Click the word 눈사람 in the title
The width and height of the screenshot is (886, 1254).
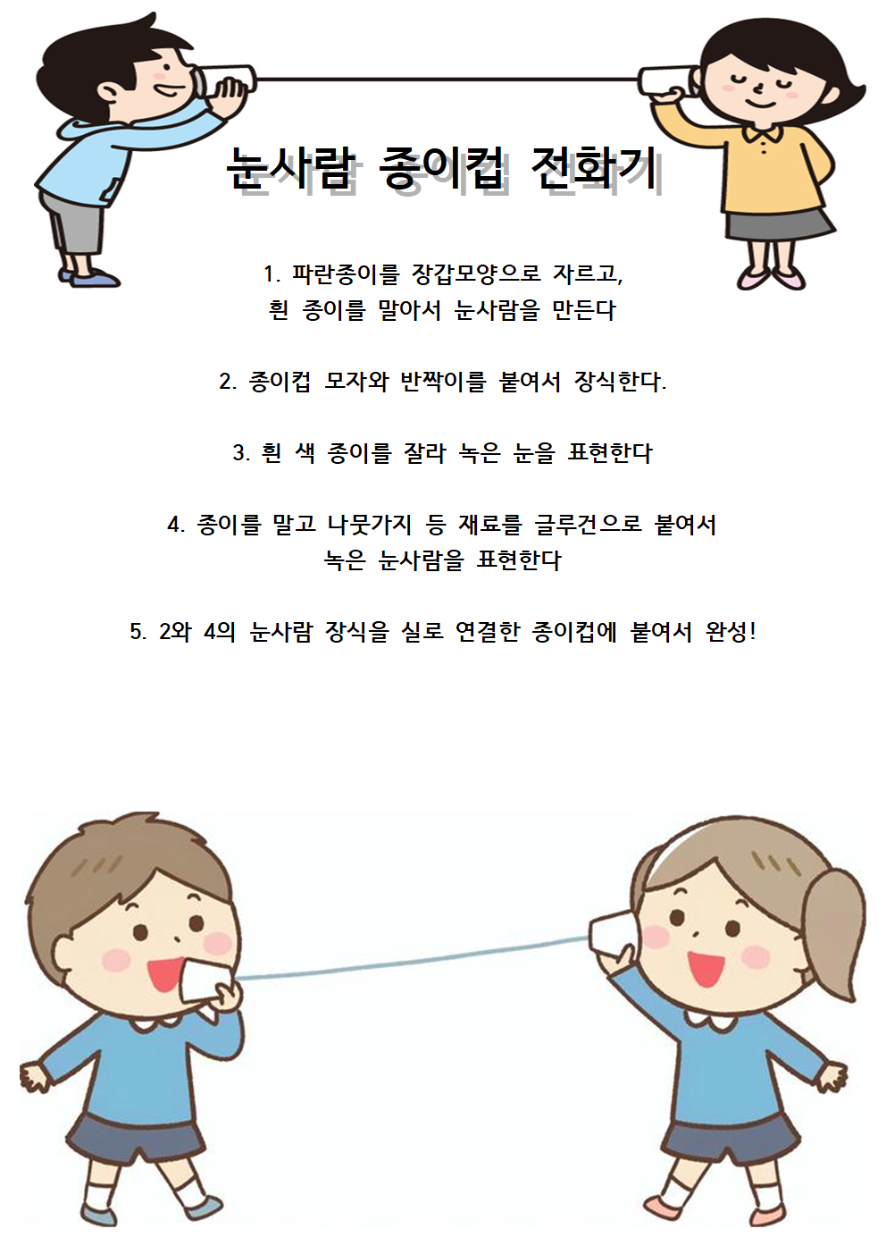click(x=290, y=167)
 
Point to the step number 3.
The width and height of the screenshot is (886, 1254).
click(x=238, y=453)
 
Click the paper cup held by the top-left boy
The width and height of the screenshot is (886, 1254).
click(x=224, y=81)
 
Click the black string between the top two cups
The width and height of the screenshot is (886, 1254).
click(x=447, y=80)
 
